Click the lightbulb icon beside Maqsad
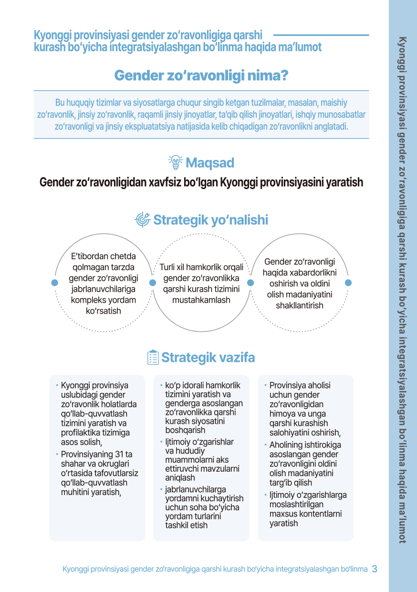tap(176, 163)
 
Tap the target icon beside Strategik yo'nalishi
tap(143, 220)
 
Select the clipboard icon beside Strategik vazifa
tap(153, 358)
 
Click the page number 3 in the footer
tap(375, 569)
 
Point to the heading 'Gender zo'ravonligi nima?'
tap(201, 75)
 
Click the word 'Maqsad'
tap(209, 163)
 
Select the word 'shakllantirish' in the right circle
tap(300, 306)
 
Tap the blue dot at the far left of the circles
tap(55, 283)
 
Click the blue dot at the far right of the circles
tap(348, 283)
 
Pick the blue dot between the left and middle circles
tap(153, 283)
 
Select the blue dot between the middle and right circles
tap(250, 283)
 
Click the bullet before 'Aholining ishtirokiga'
tap(265, 444)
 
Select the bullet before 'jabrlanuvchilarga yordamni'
tap(161, 489)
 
